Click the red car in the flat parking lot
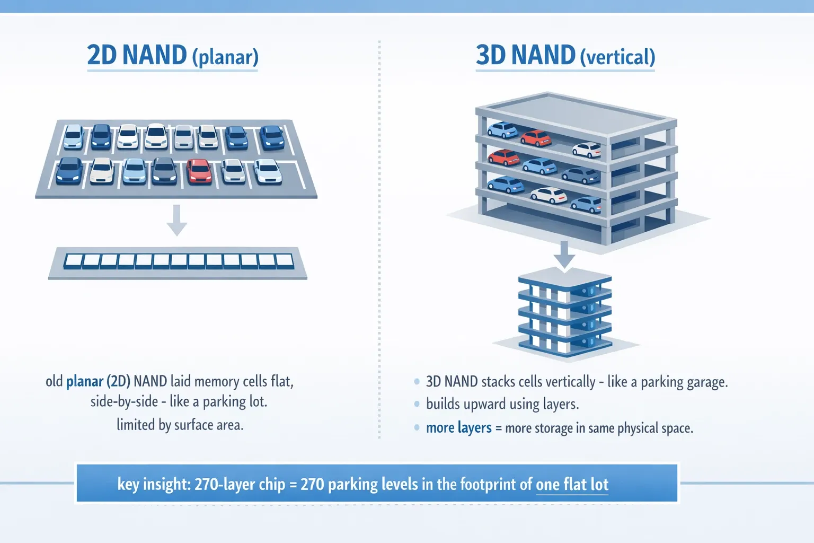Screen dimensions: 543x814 (x=199, y=171)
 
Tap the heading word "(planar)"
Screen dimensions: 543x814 (x=225, y=57)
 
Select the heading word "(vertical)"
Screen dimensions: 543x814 (x=617, y=57)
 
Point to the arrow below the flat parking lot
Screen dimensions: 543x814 (x=176, y=220)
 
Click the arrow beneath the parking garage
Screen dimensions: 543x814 (x=564, y=255)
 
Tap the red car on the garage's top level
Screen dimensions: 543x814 (x=536, y=138)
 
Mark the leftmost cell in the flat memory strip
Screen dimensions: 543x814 (x=73, y=261)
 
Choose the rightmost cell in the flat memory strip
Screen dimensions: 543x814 (x=285, y=261)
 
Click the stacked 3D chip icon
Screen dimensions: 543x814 (x=565, y=313)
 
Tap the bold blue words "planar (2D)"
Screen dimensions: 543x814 (x=98, y=381)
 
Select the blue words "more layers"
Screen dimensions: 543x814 (x=458, y=428)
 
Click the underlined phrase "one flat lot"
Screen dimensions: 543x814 (x=572, y=484)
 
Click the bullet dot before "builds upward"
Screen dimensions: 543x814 (x=417, y=404)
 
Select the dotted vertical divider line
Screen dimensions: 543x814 (x=379, y=239)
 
